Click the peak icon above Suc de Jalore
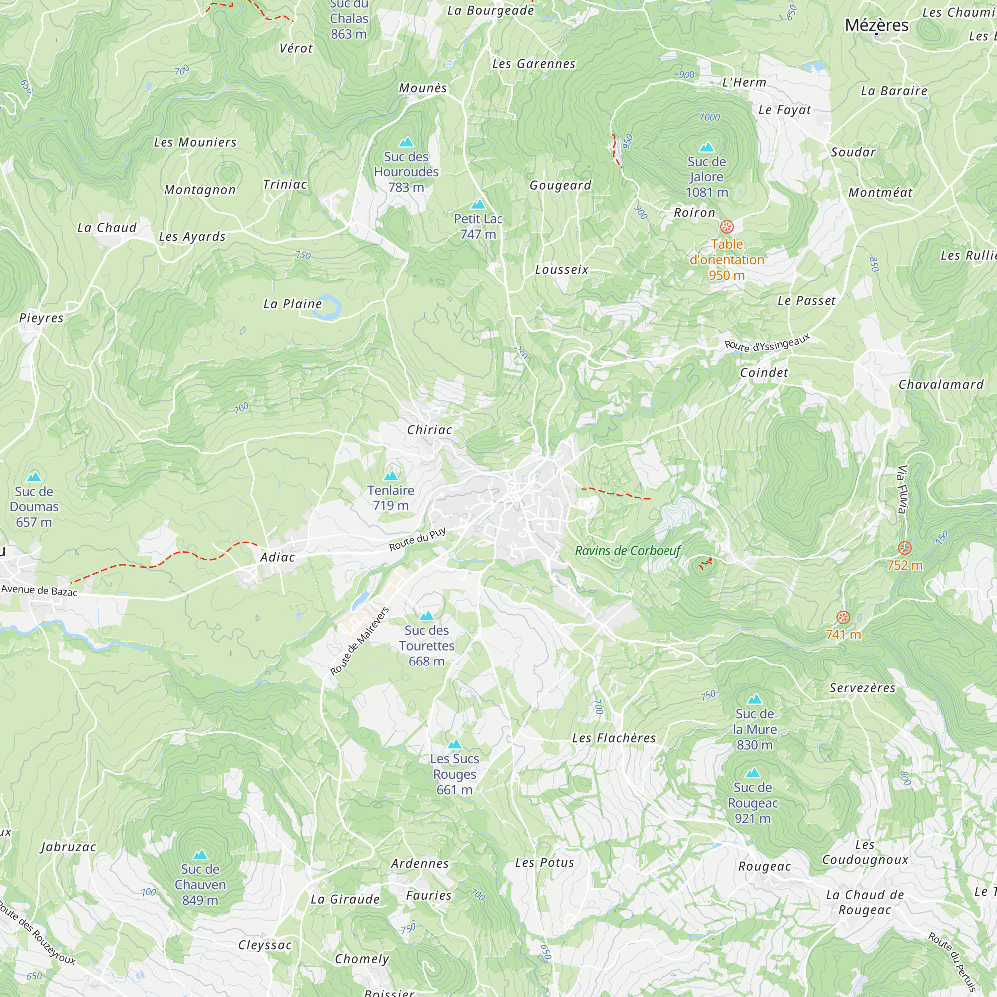(706, 147)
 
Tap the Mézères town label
(876, 25)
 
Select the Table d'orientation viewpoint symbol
(727, 227)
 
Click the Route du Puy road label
(417, 540)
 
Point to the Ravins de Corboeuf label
(628, 551)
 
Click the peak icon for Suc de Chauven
(200, 855)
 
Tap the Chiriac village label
(429, 429)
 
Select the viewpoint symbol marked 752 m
(905, 548)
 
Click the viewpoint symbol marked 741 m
(843, 617)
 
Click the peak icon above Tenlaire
(391, 475)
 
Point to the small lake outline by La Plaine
(332, 309)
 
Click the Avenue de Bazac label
(39, 590)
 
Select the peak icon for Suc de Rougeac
(753, 773)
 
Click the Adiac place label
(277, 557)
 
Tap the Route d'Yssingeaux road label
(767, 343)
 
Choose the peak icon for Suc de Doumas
(34, 476)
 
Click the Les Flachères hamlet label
(614, 738)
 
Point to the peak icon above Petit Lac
(478, 204)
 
